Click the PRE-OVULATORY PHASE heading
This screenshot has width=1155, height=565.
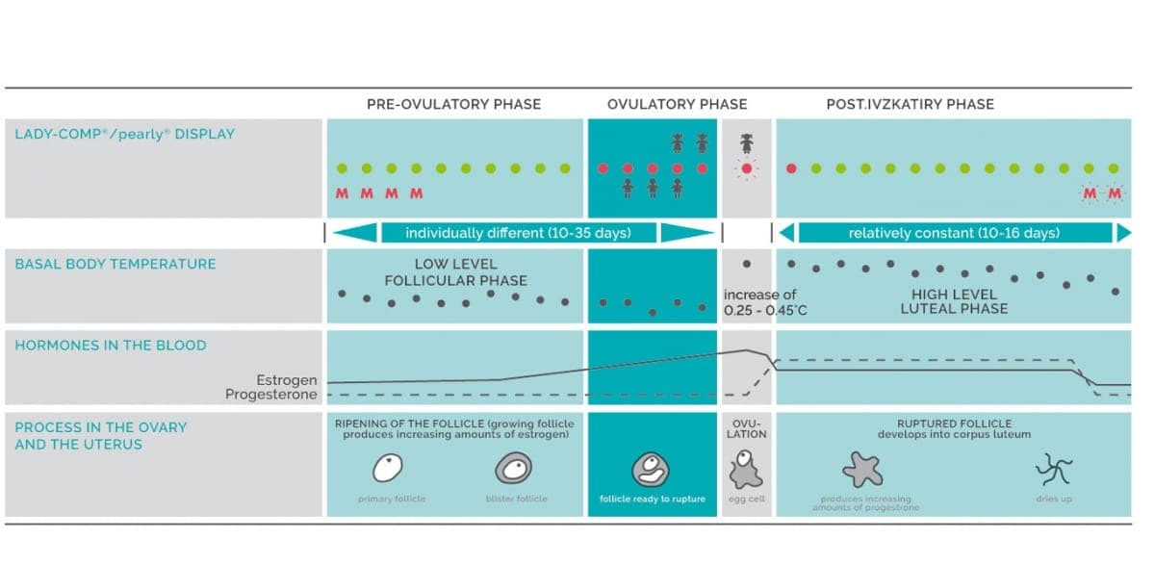[453, 104]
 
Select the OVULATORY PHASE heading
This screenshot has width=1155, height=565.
[677, 104]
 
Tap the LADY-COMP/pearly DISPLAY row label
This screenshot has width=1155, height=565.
[125, 134]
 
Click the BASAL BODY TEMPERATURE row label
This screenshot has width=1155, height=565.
[115, 264]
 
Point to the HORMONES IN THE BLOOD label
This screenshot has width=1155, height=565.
[111, 346]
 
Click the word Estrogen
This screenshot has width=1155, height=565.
[287, 380]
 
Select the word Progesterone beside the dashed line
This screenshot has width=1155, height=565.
[271, 395]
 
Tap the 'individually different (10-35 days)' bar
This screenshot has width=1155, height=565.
[518, 233]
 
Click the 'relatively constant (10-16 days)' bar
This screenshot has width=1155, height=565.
[955, 233]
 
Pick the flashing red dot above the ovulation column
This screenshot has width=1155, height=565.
[747, 168]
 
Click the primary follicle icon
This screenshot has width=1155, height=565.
[388, 468]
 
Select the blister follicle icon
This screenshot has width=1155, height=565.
[514, 468]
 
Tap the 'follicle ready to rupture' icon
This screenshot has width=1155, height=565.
[651, 470]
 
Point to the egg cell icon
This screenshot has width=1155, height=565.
[746, 470]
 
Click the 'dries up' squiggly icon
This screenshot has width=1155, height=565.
[1054, 469]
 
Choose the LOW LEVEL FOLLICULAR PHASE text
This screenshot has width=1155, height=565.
[456, 272]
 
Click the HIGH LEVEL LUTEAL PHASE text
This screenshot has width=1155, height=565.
[954, 301]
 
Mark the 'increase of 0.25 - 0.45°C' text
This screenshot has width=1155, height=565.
[765, 302]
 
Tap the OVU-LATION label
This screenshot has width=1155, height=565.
[747, 429]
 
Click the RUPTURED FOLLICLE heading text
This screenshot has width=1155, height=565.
[955, 424]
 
